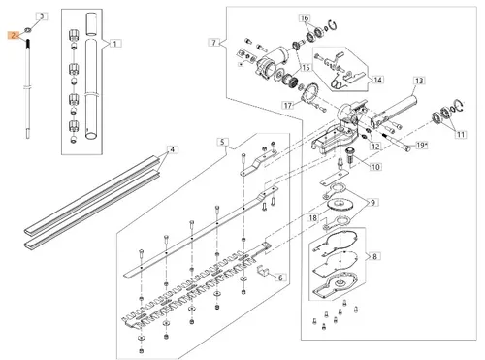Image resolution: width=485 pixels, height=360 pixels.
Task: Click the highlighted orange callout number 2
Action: coord(14,35)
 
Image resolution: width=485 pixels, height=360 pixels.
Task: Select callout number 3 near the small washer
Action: coord(43,16)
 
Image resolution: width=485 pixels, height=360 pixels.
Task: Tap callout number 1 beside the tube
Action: coord(115,43)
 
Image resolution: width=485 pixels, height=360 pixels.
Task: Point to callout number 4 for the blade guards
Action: coord(173,149)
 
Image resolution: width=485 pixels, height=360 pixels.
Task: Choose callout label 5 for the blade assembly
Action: coord(222,142)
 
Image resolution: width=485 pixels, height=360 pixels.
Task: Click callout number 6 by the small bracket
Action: coord(280,278)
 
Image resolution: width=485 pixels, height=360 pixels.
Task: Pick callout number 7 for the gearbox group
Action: coord(213,43)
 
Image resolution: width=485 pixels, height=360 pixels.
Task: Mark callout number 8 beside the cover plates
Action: coord(374,256)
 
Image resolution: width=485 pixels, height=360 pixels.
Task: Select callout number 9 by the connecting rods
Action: coord(373,203)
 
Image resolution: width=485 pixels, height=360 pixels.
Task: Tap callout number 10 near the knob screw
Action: coord(375,167)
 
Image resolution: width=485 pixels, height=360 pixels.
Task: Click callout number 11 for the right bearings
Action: coord(461,134)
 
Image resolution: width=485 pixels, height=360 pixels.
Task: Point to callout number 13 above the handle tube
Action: coord(419,81)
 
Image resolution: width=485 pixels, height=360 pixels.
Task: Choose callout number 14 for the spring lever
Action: coord(377,80)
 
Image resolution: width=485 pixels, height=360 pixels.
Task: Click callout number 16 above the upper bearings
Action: coord(305,18)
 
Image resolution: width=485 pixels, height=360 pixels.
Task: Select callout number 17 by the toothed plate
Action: coord(288,105)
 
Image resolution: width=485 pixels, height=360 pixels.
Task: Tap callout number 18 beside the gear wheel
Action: coord(312,217)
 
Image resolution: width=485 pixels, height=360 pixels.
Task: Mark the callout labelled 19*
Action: coord(422,146)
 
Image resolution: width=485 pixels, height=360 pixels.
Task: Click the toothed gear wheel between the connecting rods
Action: coord(340,204)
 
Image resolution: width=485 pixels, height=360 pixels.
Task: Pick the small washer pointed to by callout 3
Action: coord(27,30)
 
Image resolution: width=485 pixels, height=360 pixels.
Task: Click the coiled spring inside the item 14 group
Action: coord(339,82)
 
